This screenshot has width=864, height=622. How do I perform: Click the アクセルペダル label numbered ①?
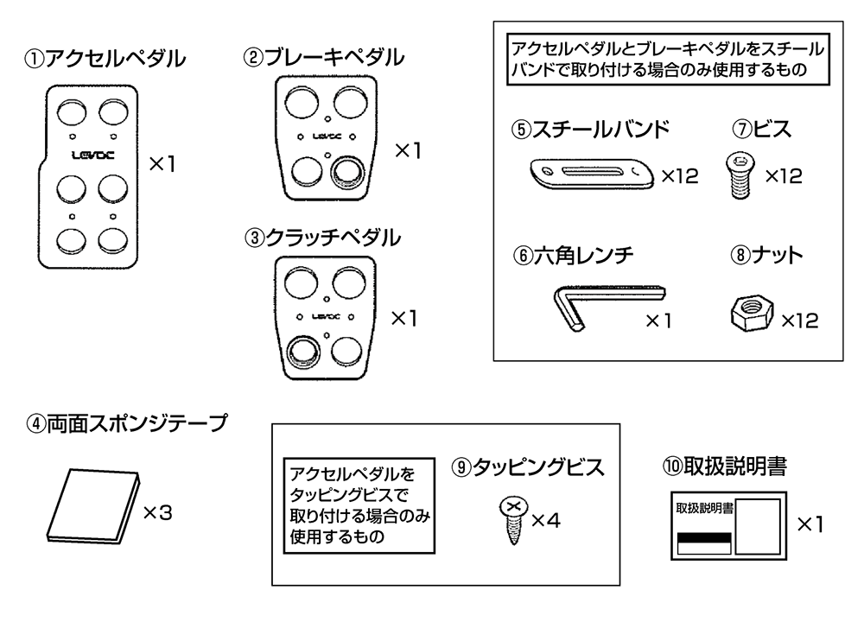point(105,59)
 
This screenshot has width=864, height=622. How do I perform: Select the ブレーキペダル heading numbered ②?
point(323,58)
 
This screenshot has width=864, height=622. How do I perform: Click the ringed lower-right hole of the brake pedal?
point(347,170)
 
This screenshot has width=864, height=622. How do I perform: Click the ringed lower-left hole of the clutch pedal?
point(302,351)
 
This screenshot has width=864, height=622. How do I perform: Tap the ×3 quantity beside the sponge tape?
point(157,512)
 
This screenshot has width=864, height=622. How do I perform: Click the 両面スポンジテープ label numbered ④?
point(126,424)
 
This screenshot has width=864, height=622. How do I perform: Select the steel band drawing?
point(588,174)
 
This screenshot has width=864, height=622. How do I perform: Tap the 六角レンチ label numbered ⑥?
point(573,255)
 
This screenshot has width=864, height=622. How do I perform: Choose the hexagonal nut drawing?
point(747,312)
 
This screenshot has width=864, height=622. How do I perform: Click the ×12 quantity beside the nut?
point(799,321)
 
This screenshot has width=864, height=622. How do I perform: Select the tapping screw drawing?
point(512,518)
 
